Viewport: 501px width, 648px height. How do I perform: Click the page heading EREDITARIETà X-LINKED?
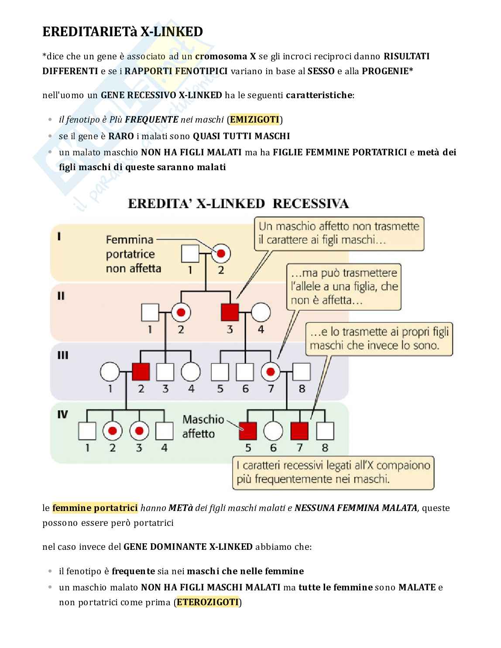coord(123,32)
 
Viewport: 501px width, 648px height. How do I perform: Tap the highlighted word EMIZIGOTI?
coord(254,120)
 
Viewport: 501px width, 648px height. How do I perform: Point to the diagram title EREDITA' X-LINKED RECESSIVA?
coord(238,204)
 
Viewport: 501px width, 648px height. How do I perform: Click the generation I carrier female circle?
coord(221,253)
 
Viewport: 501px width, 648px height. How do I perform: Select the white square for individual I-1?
coord(190,253)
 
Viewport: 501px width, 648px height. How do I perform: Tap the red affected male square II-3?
coord(230,312)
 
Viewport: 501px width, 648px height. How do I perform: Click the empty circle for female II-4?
coord(261,312)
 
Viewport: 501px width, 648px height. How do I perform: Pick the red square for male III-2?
coord(141,372)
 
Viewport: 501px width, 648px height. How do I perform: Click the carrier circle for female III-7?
coord(271,372)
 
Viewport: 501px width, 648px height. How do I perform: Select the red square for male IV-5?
coord(248,431)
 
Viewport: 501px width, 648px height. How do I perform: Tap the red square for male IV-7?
coord(299,431)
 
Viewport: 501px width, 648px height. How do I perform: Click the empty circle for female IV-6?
coord(273,431)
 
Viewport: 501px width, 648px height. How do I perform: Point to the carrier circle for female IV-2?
coord(113,431)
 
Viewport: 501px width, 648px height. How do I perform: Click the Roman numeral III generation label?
coord(63,355)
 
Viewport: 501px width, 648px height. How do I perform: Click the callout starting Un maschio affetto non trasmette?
coord(339,233)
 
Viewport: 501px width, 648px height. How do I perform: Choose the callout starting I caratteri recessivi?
coord(333,472)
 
